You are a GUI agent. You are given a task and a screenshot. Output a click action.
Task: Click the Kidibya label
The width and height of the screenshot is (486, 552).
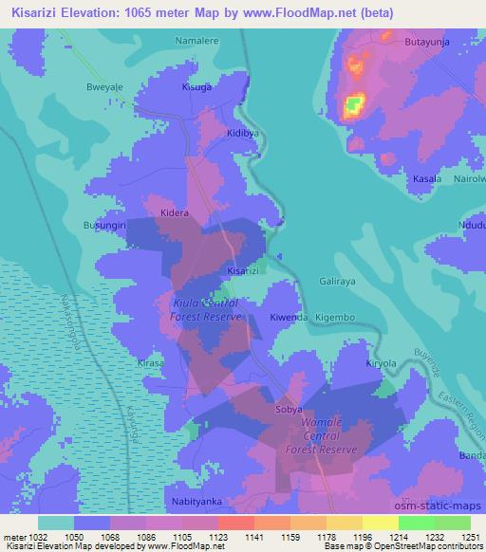(x=243, y=134)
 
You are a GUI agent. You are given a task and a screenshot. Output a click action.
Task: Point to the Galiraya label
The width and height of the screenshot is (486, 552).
(x=336, y=283)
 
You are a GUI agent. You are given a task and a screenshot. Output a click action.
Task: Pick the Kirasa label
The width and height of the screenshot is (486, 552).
(x=150, y=362)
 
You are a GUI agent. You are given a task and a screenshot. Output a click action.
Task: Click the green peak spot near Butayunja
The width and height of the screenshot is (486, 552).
(x=353, y=103)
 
